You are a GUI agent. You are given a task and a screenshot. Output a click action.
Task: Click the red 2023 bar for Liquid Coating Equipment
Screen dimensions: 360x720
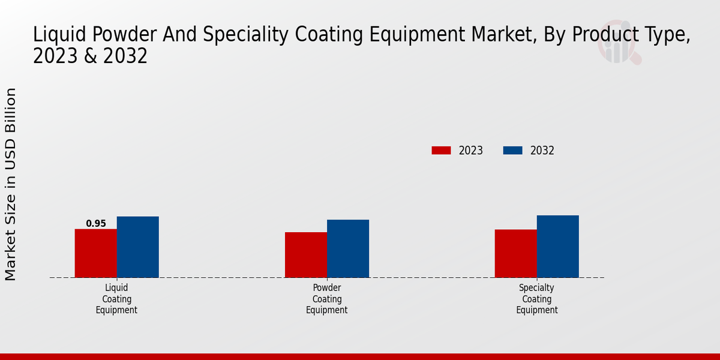coord(96,253)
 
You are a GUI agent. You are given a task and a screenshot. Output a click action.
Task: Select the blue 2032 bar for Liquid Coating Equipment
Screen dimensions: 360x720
coord(138,247)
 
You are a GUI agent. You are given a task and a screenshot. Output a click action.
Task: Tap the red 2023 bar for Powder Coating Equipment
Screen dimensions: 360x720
coord(306,254)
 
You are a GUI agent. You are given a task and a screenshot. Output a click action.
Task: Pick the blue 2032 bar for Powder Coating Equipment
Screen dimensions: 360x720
coord(348,248)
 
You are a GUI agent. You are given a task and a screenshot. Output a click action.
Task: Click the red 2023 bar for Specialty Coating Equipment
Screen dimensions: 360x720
coord(516,253)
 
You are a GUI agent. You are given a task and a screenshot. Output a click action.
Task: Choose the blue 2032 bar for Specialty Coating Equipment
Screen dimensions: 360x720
coord(558,246)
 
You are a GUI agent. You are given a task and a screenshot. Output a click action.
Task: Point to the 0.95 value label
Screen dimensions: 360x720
coord(96,224)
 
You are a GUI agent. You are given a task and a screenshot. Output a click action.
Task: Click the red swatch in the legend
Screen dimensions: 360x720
coord(441,151)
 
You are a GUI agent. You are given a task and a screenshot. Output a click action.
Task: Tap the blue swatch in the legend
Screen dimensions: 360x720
coord(512,151)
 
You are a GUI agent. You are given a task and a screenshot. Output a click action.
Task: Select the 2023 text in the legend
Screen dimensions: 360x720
coord(471,151)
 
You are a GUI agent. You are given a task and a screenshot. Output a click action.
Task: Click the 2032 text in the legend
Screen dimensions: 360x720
coord(542,151)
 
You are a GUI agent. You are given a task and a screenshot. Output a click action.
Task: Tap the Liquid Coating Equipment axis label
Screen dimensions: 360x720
coord(116,299)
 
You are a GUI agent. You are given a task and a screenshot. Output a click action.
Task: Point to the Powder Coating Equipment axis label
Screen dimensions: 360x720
coord(327,299)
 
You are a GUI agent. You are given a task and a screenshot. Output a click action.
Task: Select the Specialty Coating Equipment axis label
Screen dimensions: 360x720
coord(537,299)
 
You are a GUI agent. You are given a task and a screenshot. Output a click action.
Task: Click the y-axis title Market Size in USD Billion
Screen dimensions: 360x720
coord(11,184)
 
